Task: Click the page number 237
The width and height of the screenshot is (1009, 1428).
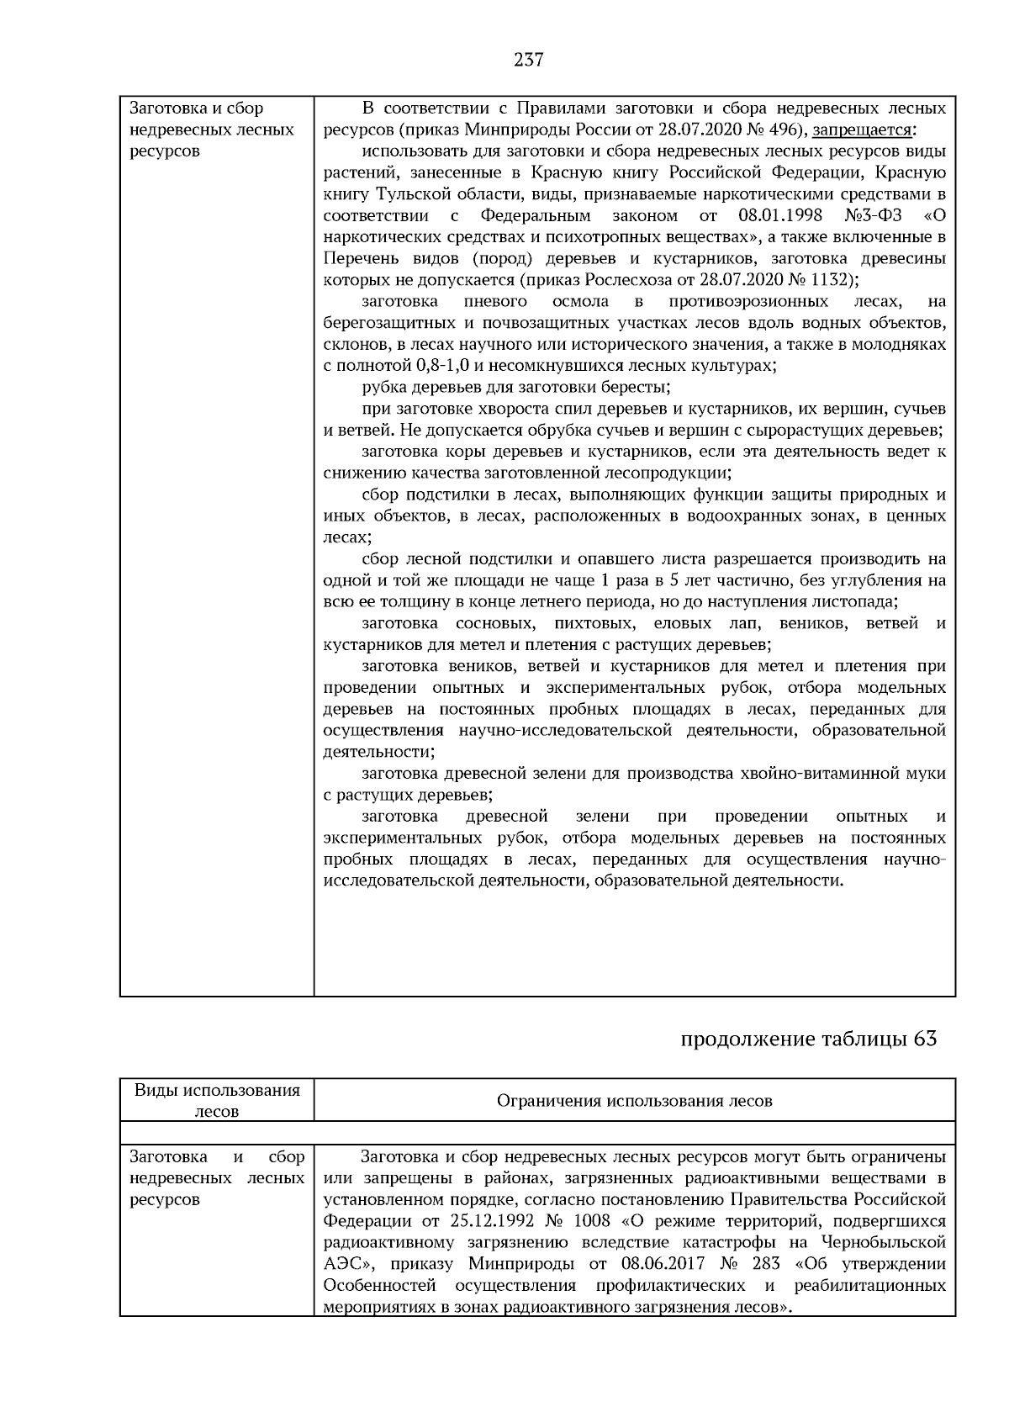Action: pyautogui.click(x=528, y=60)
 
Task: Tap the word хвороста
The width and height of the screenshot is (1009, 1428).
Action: pyautogui.click(x=477, y=409)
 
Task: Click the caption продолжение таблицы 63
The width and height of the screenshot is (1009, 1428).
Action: pyautogui.click(x=807, y=1039)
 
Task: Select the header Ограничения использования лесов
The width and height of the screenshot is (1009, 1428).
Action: pyautogui.click(x=634, y=1101)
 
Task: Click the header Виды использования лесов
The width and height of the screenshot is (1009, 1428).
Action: pyautogui.click(x=217, y=1101)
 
